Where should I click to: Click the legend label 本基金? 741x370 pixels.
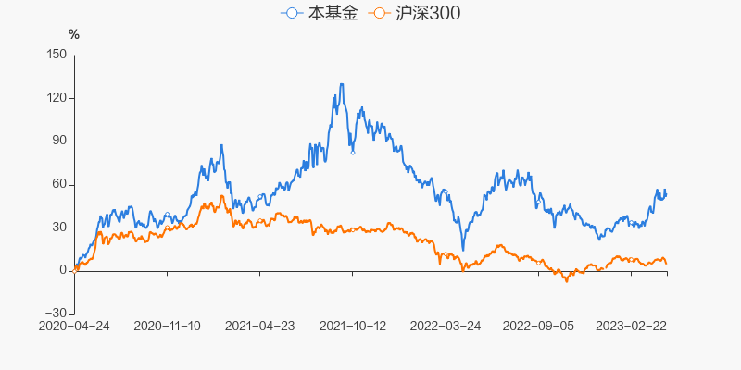[x=334, y=14]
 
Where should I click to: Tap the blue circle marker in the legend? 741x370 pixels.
[x=293, y=14]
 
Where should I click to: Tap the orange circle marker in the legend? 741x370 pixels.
[x=377, y=14]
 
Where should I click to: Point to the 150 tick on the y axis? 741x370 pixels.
[x=56, y=55]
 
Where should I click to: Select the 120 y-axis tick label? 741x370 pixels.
[x=56, y=98]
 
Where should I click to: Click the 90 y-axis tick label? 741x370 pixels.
[x=59, y=141]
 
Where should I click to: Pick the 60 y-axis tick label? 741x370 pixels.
[x=59, y=184]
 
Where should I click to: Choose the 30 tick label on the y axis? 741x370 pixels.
[x=59, y=227]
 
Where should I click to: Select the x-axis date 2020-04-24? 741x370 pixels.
[x=74, y=326]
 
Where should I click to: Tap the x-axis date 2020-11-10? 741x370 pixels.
[x=167, y=326]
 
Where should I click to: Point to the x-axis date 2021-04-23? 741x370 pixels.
[x=260, y=326]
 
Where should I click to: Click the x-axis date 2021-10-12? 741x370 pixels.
[x=353, y=326]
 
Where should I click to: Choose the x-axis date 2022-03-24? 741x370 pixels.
[x=446, y=326]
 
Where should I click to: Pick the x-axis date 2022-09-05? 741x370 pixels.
[x=539, y=326]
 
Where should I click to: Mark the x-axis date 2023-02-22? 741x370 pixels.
[x=632, y=326]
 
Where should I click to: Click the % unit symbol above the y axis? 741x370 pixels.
[x=74, y=35]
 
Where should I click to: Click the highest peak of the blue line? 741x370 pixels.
[x=342, y=84]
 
